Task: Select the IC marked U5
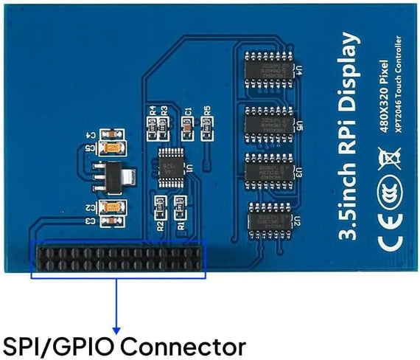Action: (267, 120)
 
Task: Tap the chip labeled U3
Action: (267, 169)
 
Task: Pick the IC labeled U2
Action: (267, 218)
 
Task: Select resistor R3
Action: (164, 127)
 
